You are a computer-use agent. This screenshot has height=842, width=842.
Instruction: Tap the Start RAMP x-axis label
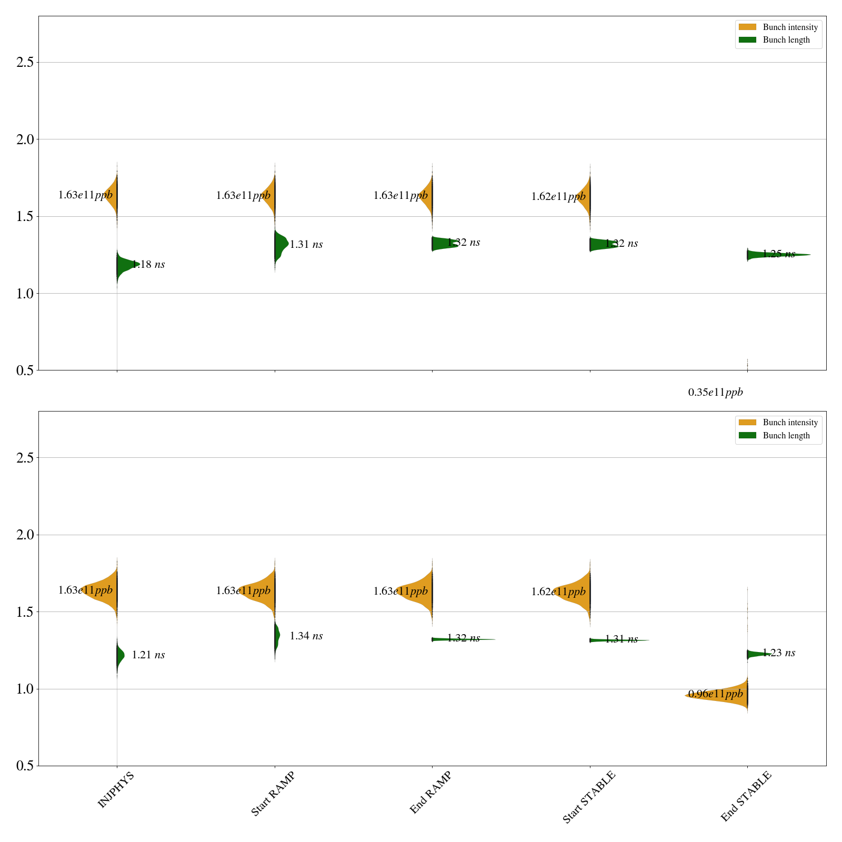pos(273,794)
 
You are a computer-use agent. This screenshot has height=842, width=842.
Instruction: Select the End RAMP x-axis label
pos(430,793)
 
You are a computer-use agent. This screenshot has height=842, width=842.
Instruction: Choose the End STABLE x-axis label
pos(746,796)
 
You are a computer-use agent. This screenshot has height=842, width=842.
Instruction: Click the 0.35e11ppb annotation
pos(715,392)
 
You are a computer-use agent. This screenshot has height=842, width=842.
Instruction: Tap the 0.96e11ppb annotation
pos(715,694)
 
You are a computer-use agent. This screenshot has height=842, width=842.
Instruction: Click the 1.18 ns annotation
pos(148,265)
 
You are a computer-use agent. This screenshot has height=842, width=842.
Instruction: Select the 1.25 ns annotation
pos(779,254)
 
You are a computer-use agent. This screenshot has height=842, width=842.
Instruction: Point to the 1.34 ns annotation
pos(306,636)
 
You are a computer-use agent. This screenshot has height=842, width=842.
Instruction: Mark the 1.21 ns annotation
pos(148,655)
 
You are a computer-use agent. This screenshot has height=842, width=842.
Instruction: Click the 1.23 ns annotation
pos(779,653)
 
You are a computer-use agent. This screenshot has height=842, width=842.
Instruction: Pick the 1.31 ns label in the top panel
pos(306,245)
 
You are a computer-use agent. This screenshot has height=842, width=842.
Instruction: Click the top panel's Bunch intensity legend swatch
pos(747,27)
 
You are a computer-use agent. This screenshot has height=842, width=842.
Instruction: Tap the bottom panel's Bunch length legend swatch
pos(747,435)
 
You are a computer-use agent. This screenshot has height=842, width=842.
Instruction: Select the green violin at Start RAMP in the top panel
pos(280,243)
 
